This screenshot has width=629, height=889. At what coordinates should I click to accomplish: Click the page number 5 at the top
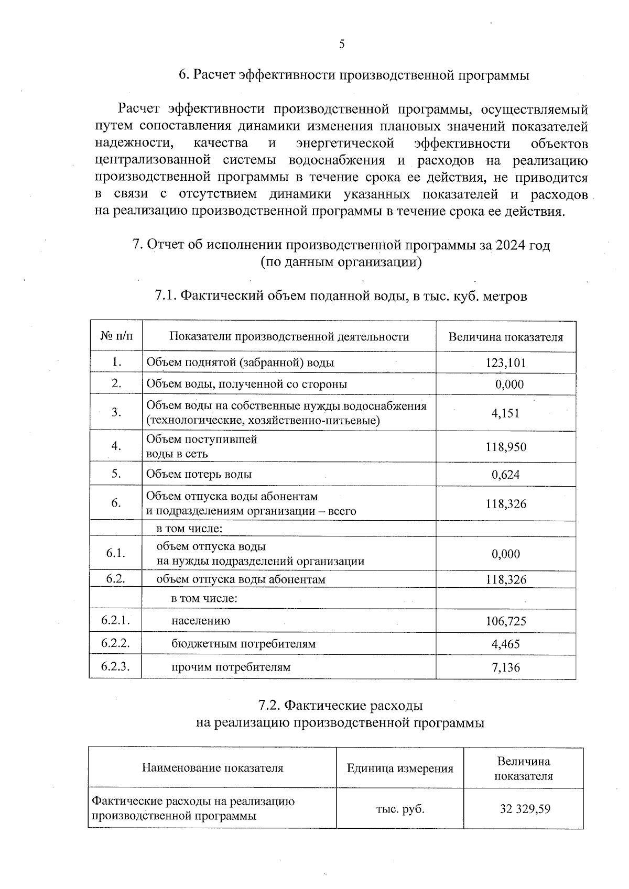[x=342, y=44]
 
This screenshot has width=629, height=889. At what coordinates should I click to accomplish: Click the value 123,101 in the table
[x=505, y=363]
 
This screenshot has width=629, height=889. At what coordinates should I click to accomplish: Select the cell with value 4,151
[x=505, y=413]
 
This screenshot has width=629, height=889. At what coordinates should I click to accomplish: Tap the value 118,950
[x=505, y=447]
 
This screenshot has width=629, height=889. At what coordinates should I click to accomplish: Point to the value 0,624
[x=505, y=475]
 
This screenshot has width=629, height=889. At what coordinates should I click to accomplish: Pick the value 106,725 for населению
[x=505, y=621]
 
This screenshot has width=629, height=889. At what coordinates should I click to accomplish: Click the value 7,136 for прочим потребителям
[x=505, y=667]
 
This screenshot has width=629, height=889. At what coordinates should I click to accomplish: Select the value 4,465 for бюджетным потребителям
[x=505, y=644]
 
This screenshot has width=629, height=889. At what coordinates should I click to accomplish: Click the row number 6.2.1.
[x=115, y=621]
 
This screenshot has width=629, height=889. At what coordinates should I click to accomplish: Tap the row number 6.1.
[x=115, y=554]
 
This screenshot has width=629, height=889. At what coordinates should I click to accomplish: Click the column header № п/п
[x=116, y=336]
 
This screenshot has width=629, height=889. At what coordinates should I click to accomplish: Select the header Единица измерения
[x=399, y=769]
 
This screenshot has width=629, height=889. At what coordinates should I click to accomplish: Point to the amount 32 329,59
[x=525, y=809]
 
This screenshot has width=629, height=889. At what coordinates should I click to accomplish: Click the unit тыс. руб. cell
[x=399, y=809]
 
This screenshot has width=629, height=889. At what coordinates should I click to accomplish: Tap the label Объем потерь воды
[x=199, y=475]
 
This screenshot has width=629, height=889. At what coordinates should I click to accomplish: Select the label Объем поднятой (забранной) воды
[x=240, y=363]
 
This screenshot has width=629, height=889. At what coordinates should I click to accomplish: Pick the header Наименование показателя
[x=212, y=769]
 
